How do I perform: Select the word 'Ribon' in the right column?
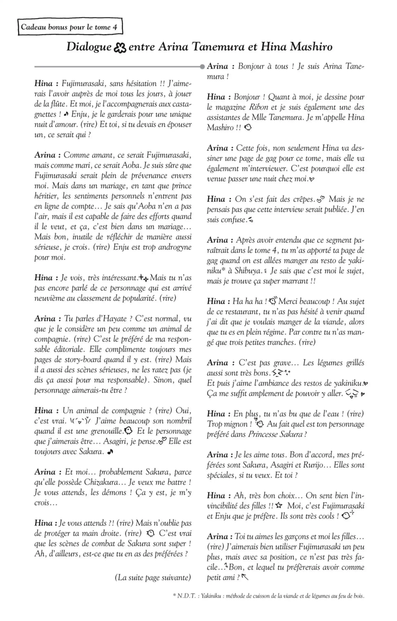[x=258, y=107]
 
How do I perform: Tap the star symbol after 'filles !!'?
[x=279, y=505]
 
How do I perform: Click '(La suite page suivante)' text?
[x=153, y=577]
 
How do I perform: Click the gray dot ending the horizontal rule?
[x=202, y=67]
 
